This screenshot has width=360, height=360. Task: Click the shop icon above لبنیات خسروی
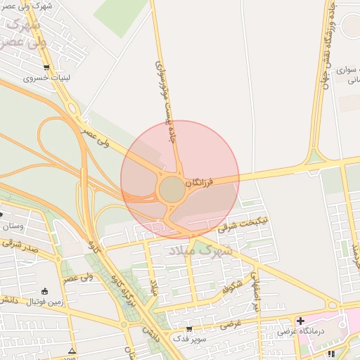[x=46, y=68]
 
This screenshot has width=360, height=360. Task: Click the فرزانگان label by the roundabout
[x=198, y=181]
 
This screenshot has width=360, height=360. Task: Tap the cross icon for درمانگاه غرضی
[x=300, y=321]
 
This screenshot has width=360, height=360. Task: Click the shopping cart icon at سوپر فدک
[x=188, y=328]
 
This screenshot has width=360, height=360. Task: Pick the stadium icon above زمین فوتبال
[x=45, y=291]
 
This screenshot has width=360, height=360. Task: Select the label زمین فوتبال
[x=44, y=302]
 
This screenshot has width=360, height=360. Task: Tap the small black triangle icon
[x=71, y=350]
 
